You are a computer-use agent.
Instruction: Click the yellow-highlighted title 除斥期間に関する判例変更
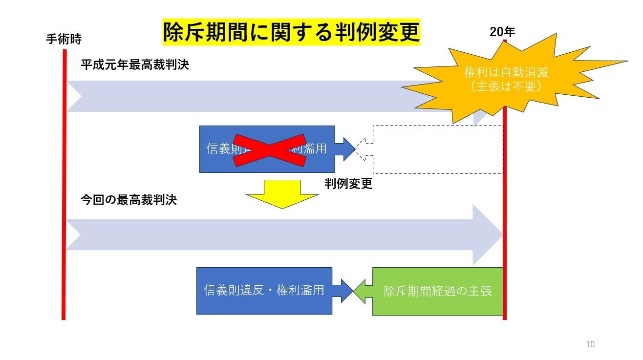(x=291, y=33)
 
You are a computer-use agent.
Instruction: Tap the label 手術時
(x=64, y=39)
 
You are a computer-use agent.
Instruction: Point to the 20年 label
(x=502, y=32)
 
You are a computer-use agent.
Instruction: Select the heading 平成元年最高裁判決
(x=134, y=65)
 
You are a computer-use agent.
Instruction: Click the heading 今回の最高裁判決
(x=129, y=200)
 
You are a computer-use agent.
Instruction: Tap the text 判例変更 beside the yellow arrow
(x=348, y=184)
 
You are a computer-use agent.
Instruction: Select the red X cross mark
(x=266, y=149)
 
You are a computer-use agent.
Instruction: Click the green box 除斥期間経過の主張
(x=437, y=291)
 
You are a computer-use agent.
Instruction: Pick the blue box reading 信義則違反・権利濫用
(x=264, y=291)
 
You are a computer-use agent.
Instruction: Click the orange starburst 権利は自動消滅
(x=506, y=73)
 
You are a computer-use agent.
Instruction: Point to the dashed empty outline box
(x=437, y=149)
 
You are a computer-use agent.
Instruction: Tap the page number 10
(x=590, y=344)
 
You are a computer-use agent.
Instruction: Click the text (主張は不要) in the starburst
(x=506, y=85)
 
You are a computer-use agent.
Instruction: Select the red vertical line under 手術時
(x=64, y=195)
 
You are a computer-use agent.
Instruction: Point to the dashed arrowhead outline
(x=364, y=149)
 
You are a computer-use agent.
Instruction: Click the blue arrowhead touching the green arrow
(x=344, y=291)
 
